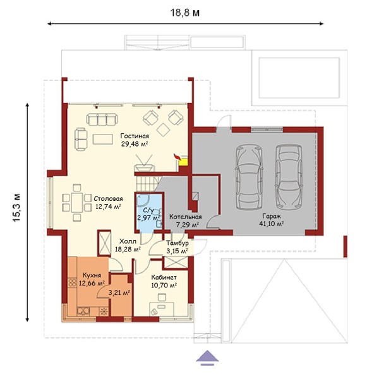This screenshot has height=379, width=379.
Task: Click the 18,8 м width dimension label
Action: pyautogui.click(x=185, y=13)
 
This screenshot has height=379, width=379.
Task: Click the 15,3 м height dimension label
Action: pyautogui.click(x=16, y=208)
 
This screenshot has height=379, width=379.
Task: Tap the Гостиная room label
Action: pyautogui.click(x=135, y=136)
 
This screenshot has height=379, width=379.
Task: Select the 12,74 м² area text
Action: pyautogui.click(x=108, y=207)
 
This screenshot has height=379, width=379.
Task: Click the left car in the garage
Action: pyautogui.click(x=249, y=177)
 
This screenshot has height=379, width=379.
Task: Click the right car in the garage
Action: pyautogui.click(x=289, y=177)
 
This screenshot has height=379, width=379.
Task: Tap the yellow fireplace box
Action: pyautogui.click(x=183, y=162)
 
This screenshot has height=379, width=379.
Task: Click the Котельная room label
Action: pyautogui.click(x=185, y=217)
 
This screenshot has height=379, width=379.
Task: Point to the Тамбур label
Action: pyautogui.click(x=177, y=243)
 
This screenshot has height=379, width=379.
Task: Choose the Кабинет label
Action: pyautogui.click(x=164, y=277)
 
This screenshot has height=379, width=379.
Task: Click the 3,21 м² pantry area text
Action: pyautogui.click(x=119, y=293)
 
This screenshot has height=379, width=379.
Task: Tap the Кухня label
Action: pyautogui.click(x=92, y=275)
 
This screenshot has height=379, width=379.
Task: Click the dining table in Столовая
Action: pyautogui.click(x=77, y=203)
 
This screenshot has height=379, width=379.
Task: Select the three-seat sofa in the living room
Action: pyautogui.click(x=102, y=119)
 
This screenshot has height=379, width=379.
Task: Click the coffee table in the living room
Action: pyautogui.click(x=103, y=140)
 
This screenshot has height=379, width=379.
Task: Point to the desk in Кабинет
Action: pyautogui.click(x=162, y=309)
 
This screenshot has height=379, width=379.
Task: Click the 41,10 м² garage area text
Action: pyautogui.click(x=272, y=224)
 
